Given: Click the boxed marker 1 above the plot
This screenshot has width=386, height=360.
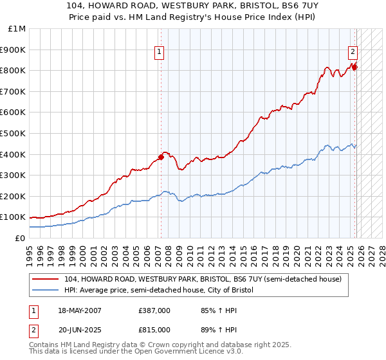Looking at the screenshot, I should tap(159, 53).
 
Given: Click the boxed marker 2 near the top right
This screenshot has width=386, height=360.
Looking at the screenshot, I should tap(353, 53).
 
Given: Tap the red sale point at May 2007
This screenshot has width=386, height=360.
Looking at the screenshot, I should tap(161, 156).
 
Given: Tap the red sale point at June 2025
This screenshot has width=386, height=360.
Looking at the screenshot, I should tap(354, 66).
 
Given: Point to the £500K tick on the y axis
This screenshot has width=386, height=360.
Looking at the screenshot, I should tap(13, 133).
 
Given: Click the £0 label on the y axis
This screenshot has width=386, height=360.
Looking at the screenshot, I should tap(21, 238).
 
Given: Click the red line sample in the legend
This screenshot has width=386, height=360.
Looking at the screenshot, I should tap(46, 279).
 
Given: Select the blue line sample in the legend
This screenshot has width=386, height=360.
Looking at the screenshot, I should tap(46, 290).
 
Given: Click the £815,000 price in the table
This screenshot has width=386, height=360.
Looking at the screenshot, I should tap(154, 329).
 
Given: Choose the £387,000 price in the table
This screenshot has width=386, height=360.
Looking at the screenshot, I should tap(154, 310).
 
